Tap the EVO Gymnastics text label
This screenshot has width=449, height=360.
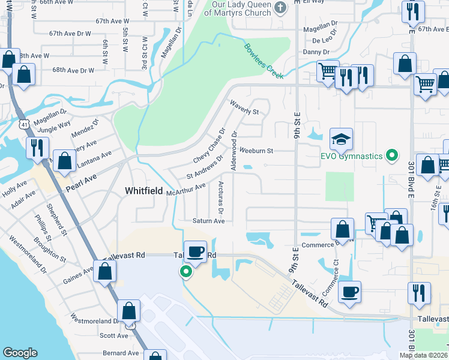pos(351,157)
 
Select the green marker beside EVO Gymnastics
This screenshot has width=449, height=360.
pos(392,157)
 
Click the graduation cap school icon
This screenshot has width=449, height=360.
pos(341,139)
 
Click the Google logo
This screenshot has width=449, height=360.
pos(20,353)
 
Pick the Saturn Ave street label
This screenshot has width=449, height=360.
pos(208,221)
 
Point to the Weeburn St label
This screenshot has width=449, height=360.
pos(256,151)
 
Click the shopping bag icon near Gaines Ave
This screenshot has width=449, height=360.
pos(104,271)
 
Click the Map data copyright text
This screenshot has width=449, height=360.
pos(423,355)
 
